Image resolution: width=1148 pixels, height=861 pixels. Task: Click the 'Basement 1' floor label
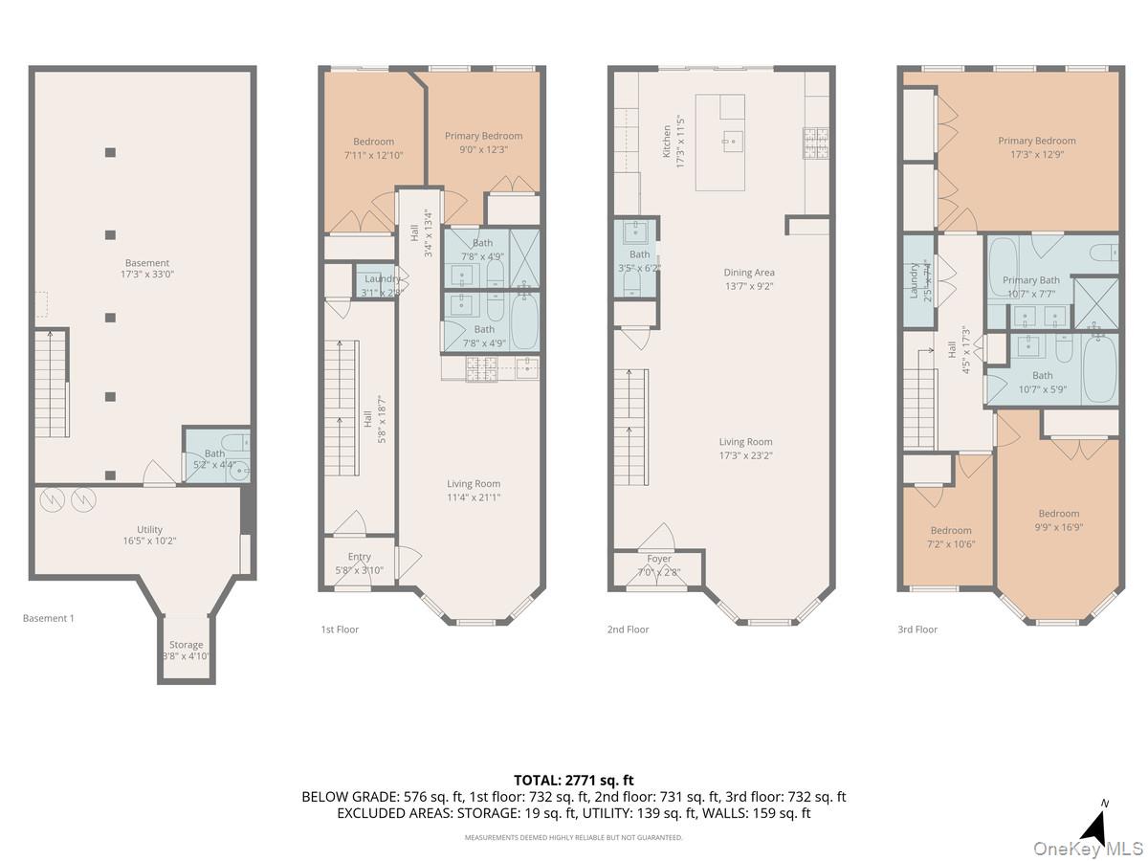48,618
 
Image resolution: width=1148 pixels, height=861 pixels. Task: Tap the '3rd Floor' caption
917,629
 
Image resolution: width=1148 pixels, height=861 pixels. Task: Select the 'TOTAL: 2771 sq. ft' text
573,780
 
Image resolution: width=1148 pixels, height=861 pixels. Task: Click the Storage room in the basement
187,651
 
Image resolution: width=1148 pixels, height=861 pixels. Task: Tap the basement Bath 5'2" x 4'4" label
215,459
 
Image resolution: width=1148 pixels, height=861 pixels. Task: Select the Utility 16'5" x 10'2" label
149,535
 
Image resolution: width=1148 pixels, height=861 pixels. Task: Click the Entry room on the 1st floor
360,563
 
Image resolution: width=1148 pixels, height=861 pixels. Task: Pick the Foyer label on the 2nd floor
659,565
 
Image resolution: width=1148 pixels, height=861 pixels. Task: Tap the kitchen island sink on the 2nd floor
733,140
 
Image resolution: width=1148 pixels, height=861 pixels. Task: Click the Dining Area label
749,278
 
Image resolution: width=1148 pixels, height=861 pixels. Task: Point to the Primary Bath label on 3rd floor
1031,286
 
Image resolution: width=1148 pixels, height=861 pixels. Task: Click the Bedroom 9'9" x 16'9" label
1058,519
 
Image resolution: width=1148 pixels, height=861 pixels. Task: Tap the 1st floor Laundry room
383,284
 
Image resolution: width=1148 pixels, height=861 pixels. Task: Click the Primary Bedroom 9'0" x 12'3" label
483,142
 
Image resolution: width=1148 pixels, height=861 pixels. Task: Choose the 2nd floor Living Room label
745,449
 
